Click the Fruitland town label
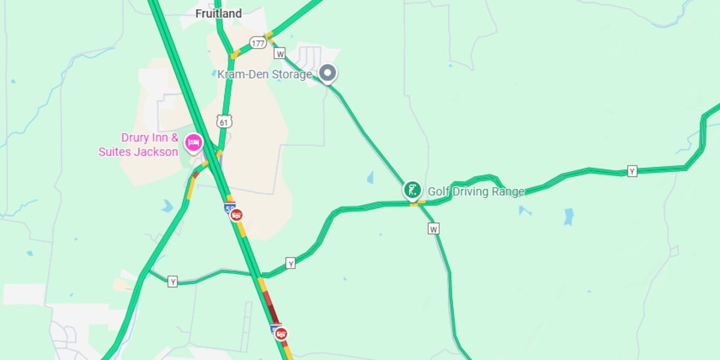(x=219, y=13)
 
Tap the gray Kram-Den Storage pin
(x=328, y=73)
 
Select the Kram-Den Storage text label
(x=265, y=74)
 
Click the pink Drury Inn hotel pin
(x=193, y=142)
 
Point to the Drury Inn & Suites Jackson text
(x=139, y=145)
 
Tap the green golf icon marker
(x=412, y=190)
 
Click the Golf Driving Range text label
(x=476, y=191)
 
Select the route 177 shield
(x=259, y=43)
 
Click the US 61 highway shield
(x=224, y=122)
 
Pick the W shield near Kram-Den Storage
(x=280, y=53)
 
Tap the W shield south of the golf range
(x=434, y=229)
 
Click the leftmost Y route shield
(x=173, y=281)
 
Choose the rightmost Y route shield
(x=632, y=171)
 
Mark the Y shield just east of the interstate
(x=291, y=263)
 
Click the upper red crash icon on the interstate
(x=236, y=215)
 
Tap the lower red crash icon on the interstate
(x=281, y=334)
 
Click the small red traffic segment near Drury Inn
(x=196, y=175)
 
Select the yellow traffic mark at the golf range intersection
(x=413, y=204)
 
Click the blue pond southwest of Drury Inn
(x=167, y=206)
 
